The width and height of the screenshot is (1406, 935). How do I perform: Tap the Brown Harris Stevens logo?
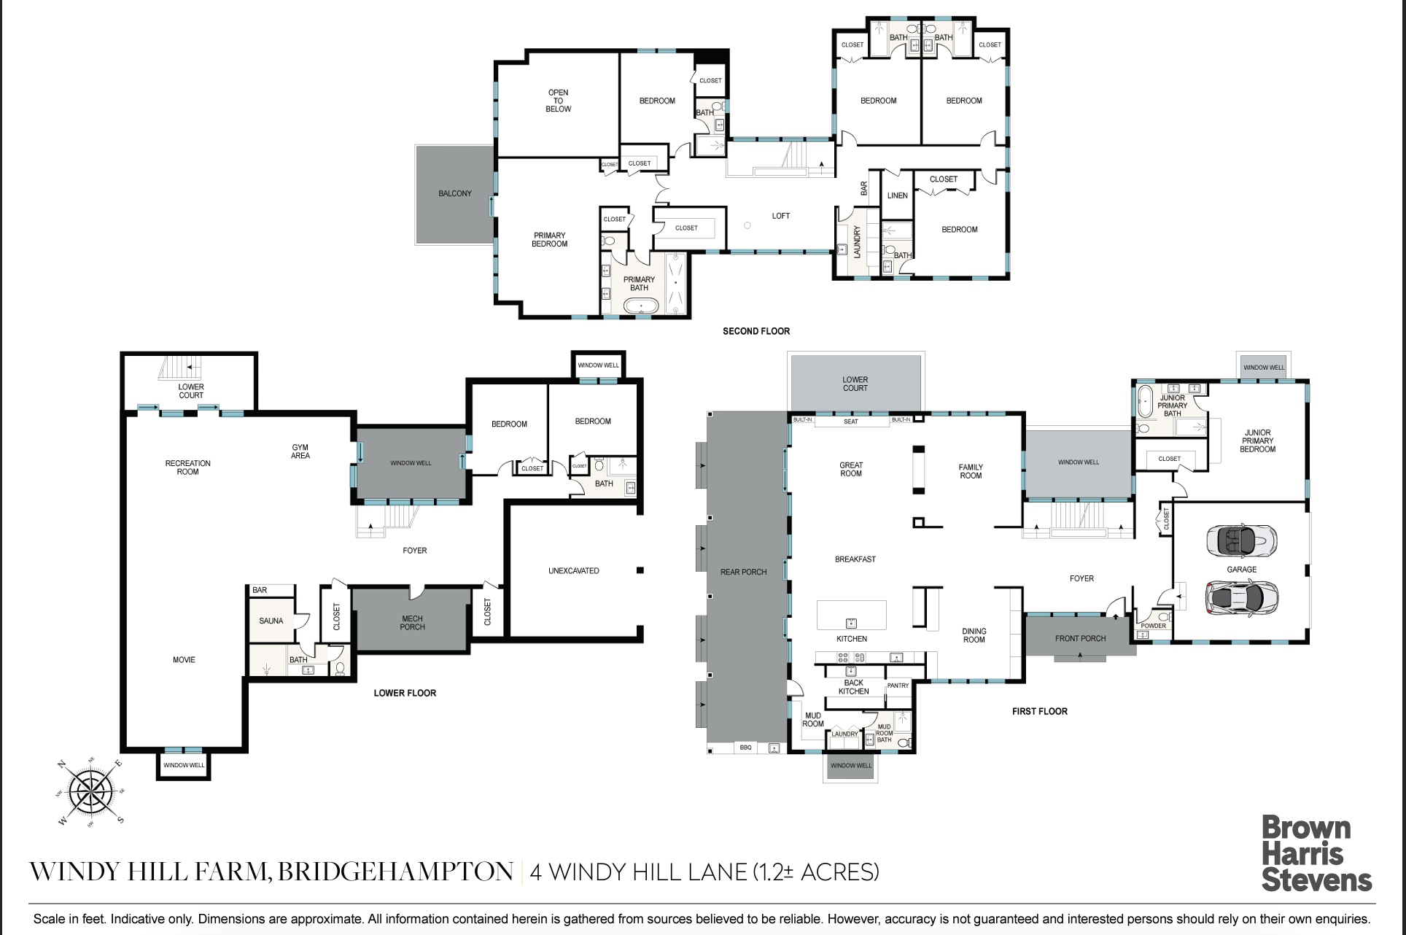tap(1317, 854)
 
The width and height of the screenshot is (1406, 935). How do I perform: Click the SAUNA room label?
tap(271, 621)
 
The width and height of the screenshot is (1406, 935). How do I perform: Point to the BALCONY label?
tap(455, 193)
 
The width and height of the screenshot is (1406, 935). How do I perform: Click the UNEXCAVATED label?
tap(574, 571)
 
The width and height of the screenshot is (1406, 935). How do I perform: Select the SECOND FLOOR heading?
tap(756, 331)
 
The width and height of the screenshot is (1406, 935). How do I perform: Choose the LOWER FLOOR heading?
tap(405, 693)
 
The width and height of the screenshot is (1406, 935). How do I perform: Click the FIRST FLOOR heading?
tap(1040, 711)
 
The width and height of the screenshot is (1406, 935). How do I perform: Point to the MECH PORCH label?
tap(412, 623)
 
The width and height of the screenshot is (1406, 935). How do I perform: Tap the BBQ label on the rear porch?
tap(745, 748)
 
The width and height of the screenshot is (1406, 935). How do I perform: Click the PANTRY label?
tap(898, 686)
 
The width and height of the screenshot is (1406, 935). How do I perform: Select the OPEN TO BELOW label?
tap(559, 101)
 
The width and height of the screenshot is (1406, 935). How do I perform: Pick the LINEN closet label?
tap(898, 195)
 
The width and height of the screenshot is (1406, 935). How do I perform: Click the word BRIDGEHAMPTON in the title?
tap(396, 872)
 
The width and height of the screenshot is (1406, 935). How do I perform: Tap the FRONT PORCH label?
tap(1081, 638)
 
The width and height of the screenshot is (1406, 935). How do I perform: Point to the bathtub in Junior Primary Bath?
tap(1146, 402)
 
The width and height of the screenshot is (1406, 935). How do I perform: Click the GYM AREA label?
tap(300, 451)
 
